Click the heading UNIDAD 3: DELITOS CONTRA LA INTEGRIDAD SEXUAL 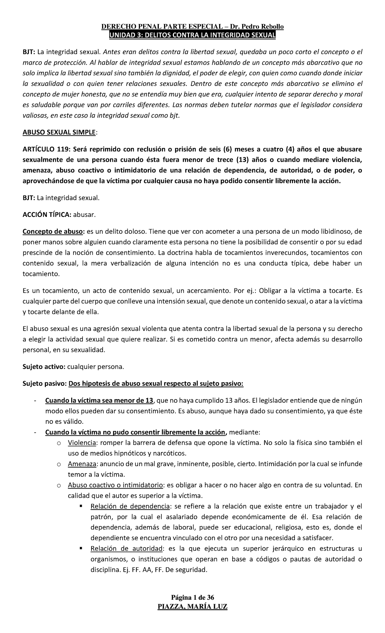click(x=192, y=35)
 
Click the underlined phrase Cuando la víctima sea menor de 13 click(x=99, y=400)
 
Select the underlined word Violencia click(x=82, y=443)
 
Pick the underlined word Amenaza click(x=82, y=464)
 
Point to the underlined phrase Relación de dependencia click(x=130, y=506)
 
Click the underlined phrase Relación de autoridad click(x=127, y=549)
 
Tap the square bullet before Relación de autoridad click(x=81, y=549)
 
